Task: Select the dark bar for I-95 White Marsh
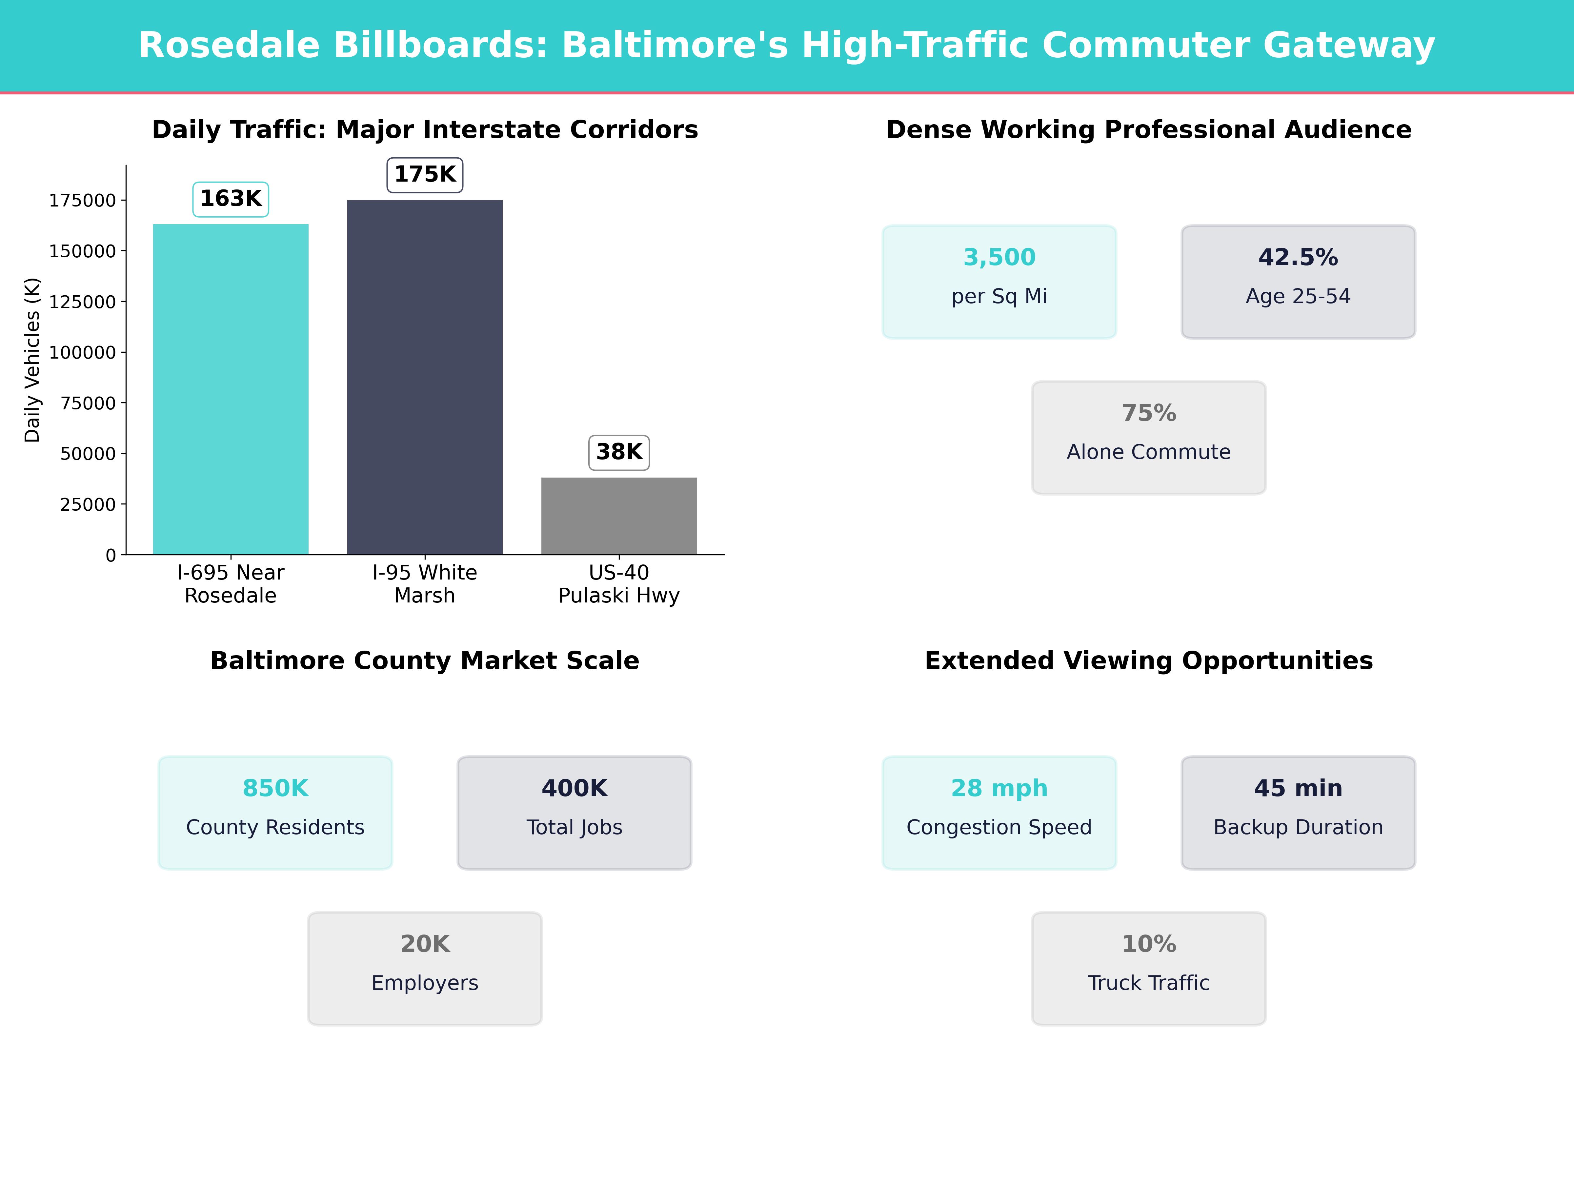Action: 425,377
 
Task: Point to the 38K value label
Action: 619,452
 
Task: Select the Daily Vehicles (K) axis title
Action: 32,360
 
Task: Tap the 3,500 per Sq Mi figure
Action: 999,258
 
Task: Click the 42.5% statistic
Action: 1298,258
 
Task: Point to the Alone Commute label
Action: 1148,452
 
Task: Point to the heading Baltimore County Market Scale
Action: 425,661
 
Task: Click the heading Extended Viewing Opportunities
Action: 1148,661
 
